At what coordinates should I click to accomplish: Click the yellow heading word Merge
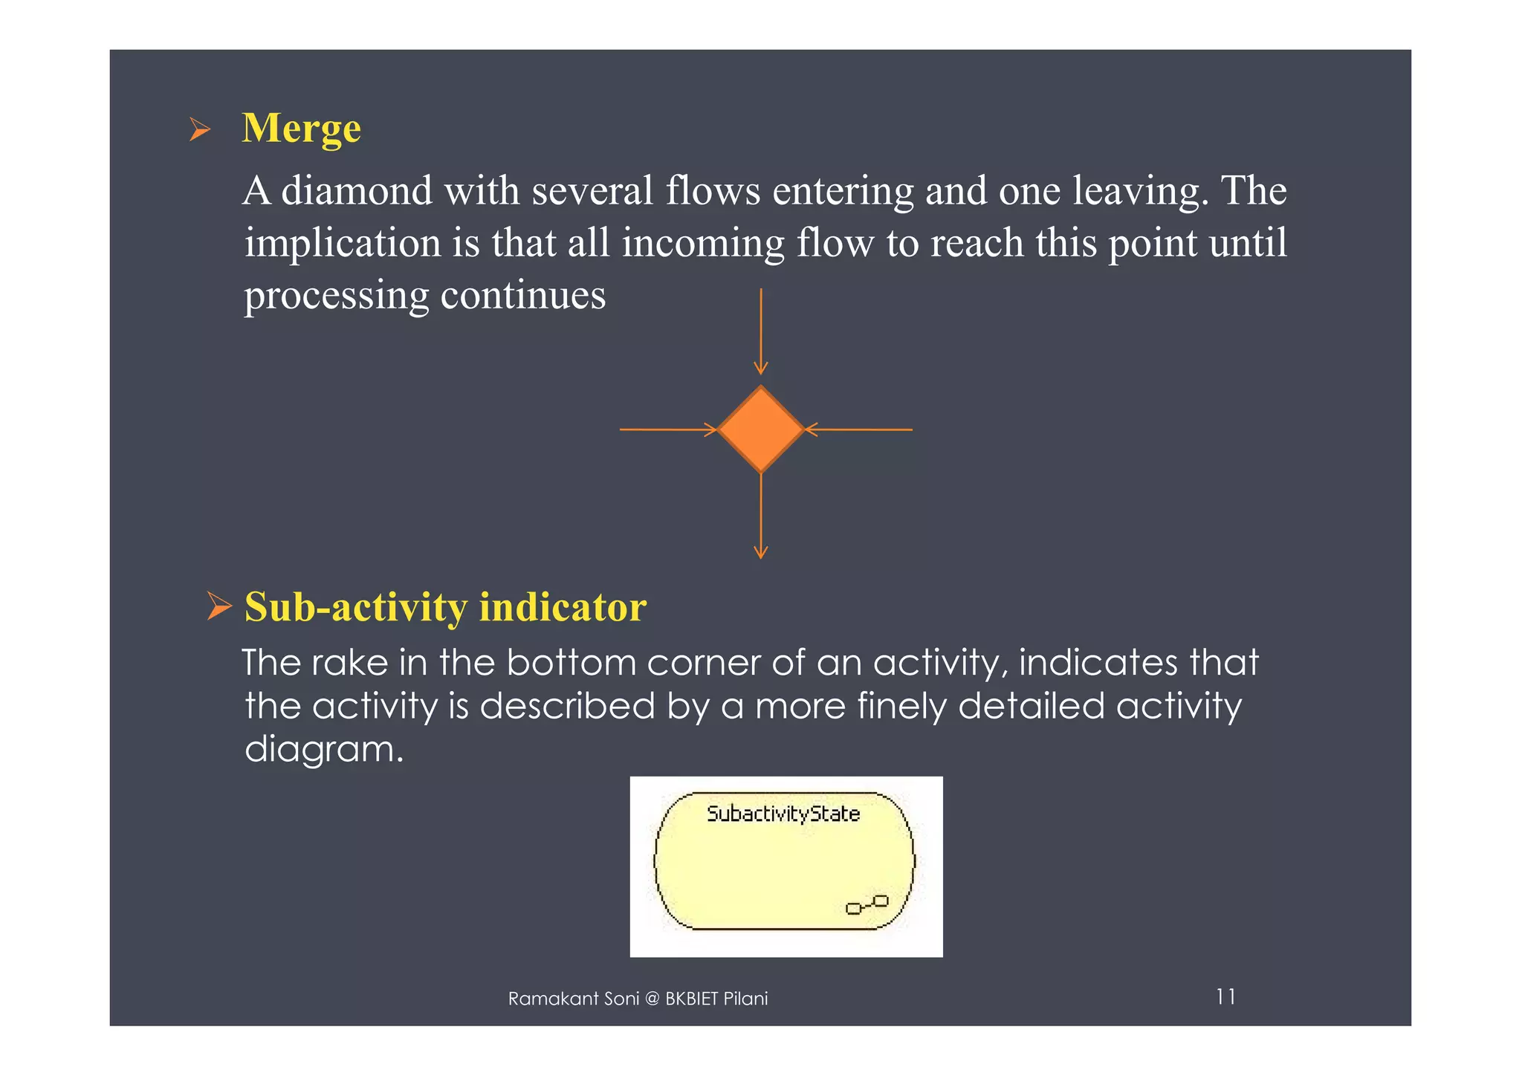point(301,129)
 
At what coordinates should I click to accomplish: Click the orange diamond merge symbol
point(760,430)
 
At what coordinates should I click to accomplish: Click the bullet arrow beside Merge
point(199,130)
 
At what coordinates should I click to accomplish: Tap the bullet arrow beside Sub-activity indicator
point(219,606)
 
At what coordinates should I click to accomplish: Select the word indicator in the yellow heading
point(563,607)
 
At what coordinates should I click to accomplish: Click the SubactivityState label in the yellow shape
point(783,814)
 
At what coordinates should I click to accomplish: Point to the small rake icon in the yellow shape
point(867,904)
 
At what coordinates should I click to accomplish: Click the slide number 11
point(1225,996)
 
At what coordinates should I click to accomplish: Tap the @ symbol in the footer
point(652,999)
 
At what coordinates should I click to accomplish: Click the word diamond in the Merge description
point(357,191)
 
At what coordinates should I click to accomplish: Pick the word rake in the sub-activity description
point(349,662)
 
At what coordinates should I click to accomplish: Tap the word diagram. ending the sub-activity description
point(324,750)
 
